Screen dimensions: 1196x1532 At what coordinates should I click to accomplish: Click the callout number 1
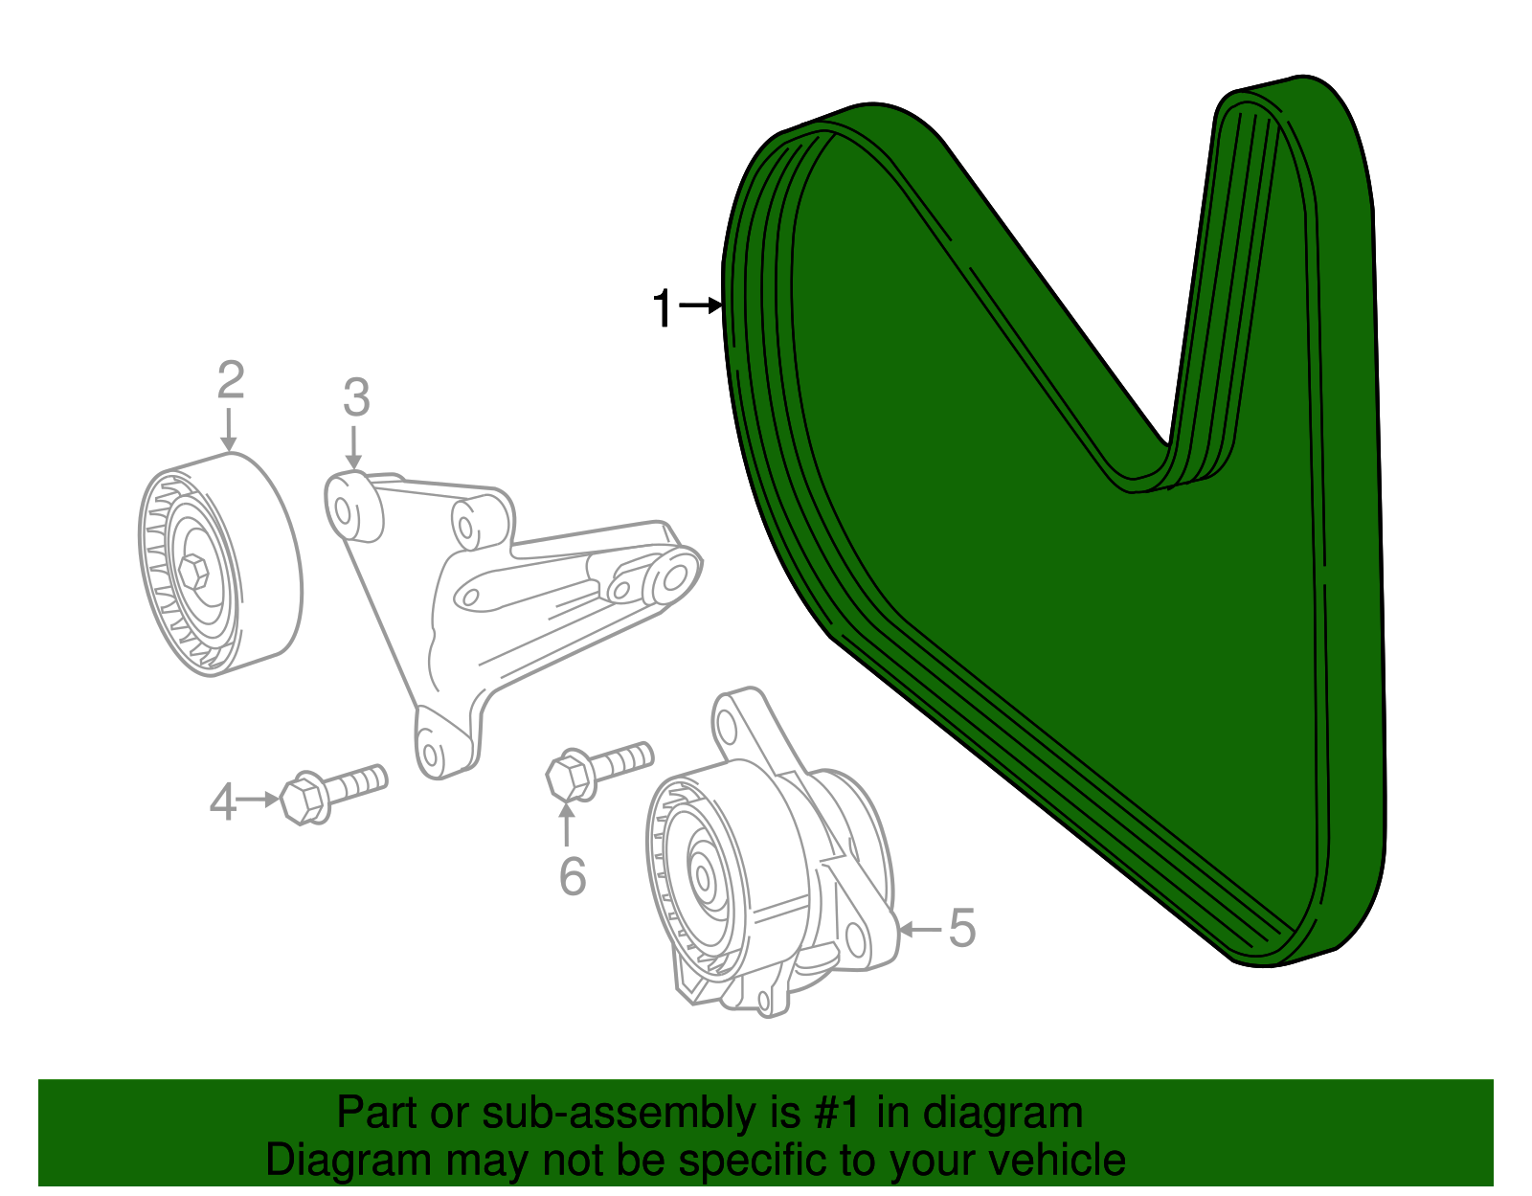point(662,309)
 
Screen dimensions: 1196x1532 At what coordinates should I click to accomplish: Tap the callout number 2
point(230,381)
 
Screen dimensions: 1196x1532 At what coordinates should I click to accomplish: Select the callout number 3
point(355,397)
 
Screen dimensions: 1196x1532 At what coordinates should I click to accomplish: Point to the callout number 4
point(222,802)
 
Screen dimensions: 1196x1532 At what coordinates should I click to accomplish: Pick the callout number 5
point(961,929)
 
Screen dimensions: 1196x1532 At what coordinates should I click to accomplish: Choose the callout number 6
point(572,876)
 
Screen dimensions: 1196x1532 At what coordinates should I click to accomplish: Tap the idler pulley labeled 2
point(220,565)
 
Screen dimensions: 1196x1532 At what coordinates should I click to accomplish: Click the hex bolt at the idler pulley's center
point(194,571)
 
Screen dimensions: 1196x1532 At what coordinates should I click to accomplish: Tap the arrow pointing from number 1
point(700,305)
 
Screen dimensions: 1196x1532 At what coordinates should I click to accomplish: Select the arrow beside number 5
point(919,929)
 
